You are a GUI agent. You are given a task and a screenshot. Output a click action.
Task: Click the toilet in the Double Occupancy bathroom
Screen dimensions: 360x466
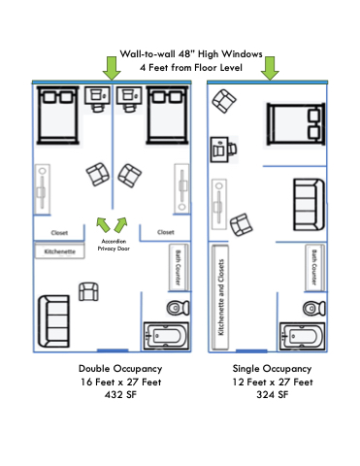point(178,308)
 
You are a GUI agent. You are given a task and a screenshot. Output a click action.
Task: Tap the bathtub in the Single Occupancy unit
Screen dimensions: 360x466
point(303,336)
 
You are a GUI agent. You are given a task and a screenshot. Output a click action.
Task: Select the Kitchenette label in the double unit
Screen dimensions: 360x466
point(60,251)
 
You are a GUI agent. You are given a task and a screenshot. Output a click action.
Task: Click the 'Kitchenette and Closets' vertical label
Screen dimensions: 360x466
point(221,297)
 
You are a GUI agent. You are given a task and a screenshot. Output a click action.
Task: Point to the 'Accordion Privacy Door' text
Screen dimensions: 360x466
point(114,245)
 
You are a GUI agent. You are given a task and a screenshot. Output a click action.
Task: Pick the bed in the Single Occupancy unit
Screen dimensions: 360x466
point(296,124)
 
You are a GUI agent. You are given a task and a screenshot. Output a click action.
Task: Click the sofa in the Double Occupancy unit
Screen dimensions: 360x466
point(54,321)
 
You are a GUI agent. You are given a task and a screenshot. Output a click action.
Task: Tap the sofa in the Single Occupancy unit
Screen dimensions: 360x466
point(309,204)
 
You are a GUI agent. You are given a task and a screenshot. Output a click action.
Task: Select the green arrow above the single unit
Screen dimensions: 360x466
point(270,68)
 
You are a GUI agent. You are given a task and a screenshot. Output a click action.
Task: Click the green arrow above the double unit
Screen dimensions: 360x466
point(112,68)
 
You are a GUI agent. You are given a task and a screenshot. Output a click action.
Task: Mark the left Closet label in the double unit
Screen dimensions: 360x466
point(59,233)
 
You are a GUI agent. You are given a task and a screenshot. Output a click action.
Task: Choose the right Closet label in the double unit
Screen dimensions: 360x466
point(166,232)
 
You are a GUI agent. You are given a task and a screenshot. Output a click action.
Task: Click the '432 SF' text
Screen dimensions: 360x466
point(120,395)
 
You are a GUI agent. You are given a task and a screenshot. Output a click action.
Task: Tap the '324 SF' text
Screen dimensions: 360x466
point(273,395)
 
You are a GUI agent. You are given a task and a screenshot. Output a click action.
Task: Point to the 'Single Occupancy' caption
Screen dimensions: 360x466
point(272,369)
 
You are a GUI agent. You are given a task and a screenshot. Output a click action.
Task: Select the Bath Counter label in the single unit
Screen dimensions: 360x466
point(314,267)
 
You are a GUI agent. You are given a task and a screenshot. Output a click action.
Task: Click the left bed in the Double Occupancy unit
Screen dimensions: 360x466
point(58,115)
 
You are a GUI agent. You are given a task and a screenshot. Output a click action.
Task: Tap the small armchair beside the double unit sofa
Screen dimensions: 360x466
point(88,291)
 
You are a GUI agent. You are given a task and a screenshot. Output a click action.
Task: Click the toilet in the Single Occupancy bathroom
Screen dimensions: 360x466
point(314,308)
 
